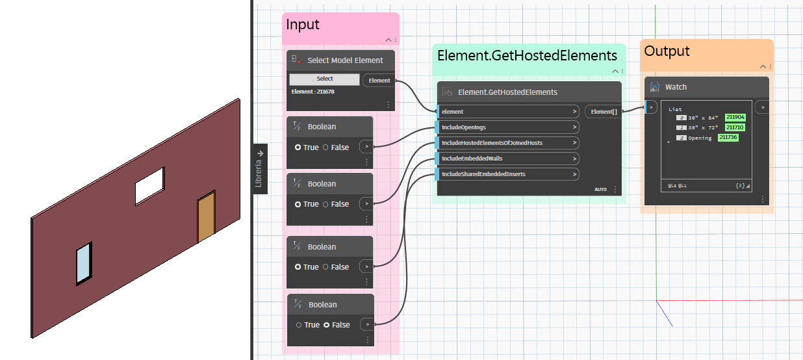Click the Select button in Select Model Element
[324, 79]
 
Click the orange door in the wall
[207, 218]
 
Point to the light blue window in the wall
[84, 264]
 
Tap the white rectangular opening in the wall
[150, 186]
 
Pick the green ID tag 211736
[728, 138]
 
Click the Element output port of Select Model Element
[379, 81]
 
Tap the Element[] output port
[603, 112]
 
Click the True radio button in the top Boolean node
[298, 148]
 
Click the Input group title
[303, 25]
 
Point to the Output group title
[667, 51]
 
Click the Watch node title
[676, 87]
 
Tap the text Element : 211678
[313, 92]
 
